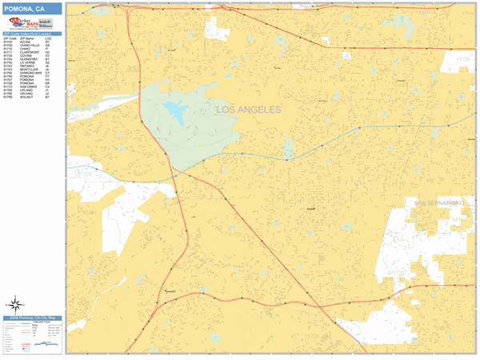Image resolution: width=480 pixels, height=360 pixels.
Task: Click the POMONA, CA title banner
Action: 32,8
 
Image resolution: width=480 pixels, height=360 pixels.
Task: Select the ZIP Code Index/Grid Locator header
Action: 32,34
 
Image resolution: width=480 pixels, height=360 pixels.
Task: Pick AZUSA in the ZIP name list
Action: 25,41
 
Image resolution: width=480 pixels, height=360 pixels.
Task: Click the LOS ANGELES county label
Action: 249,110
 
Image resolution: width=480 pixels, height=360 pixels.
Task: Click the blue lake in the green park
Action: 174,108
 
